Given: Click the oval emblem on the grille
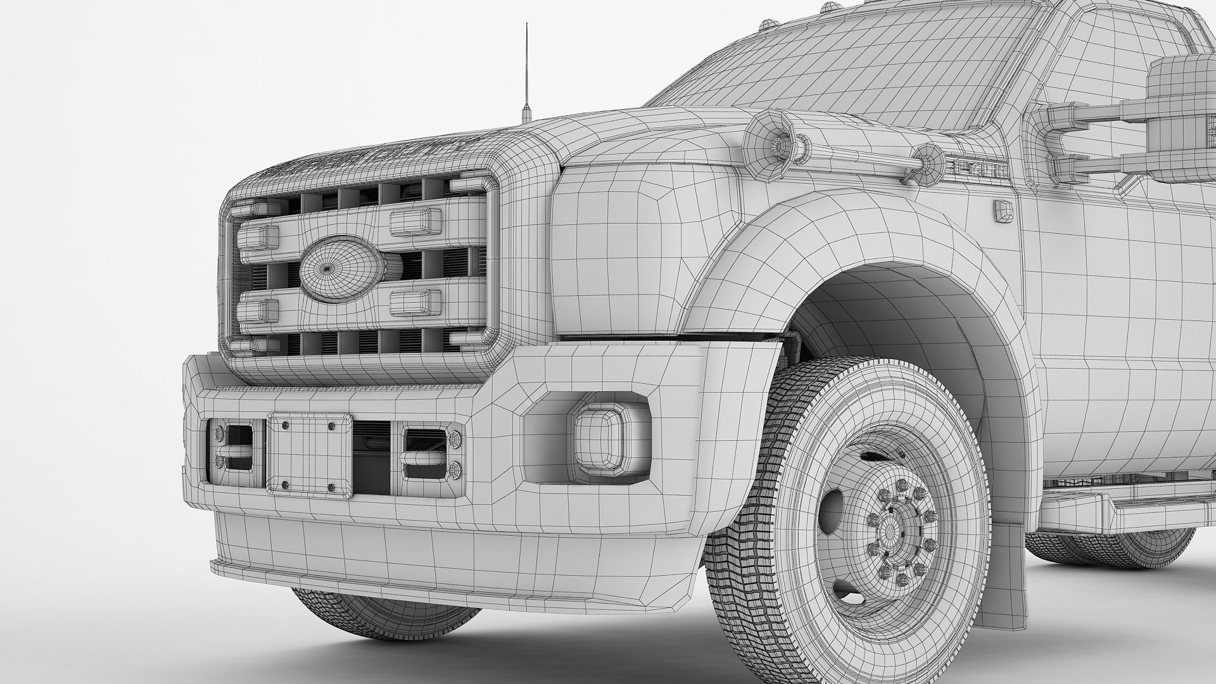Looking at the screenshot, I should click(x=341, y=269).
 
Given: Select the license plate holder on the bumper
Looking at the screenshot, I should click(x=309, y=452).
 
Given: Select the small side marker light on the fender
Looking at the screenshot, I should click(x=1003, y=212).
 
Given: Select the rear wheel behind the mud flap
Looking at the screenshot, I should click(x=1115, y=548).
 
